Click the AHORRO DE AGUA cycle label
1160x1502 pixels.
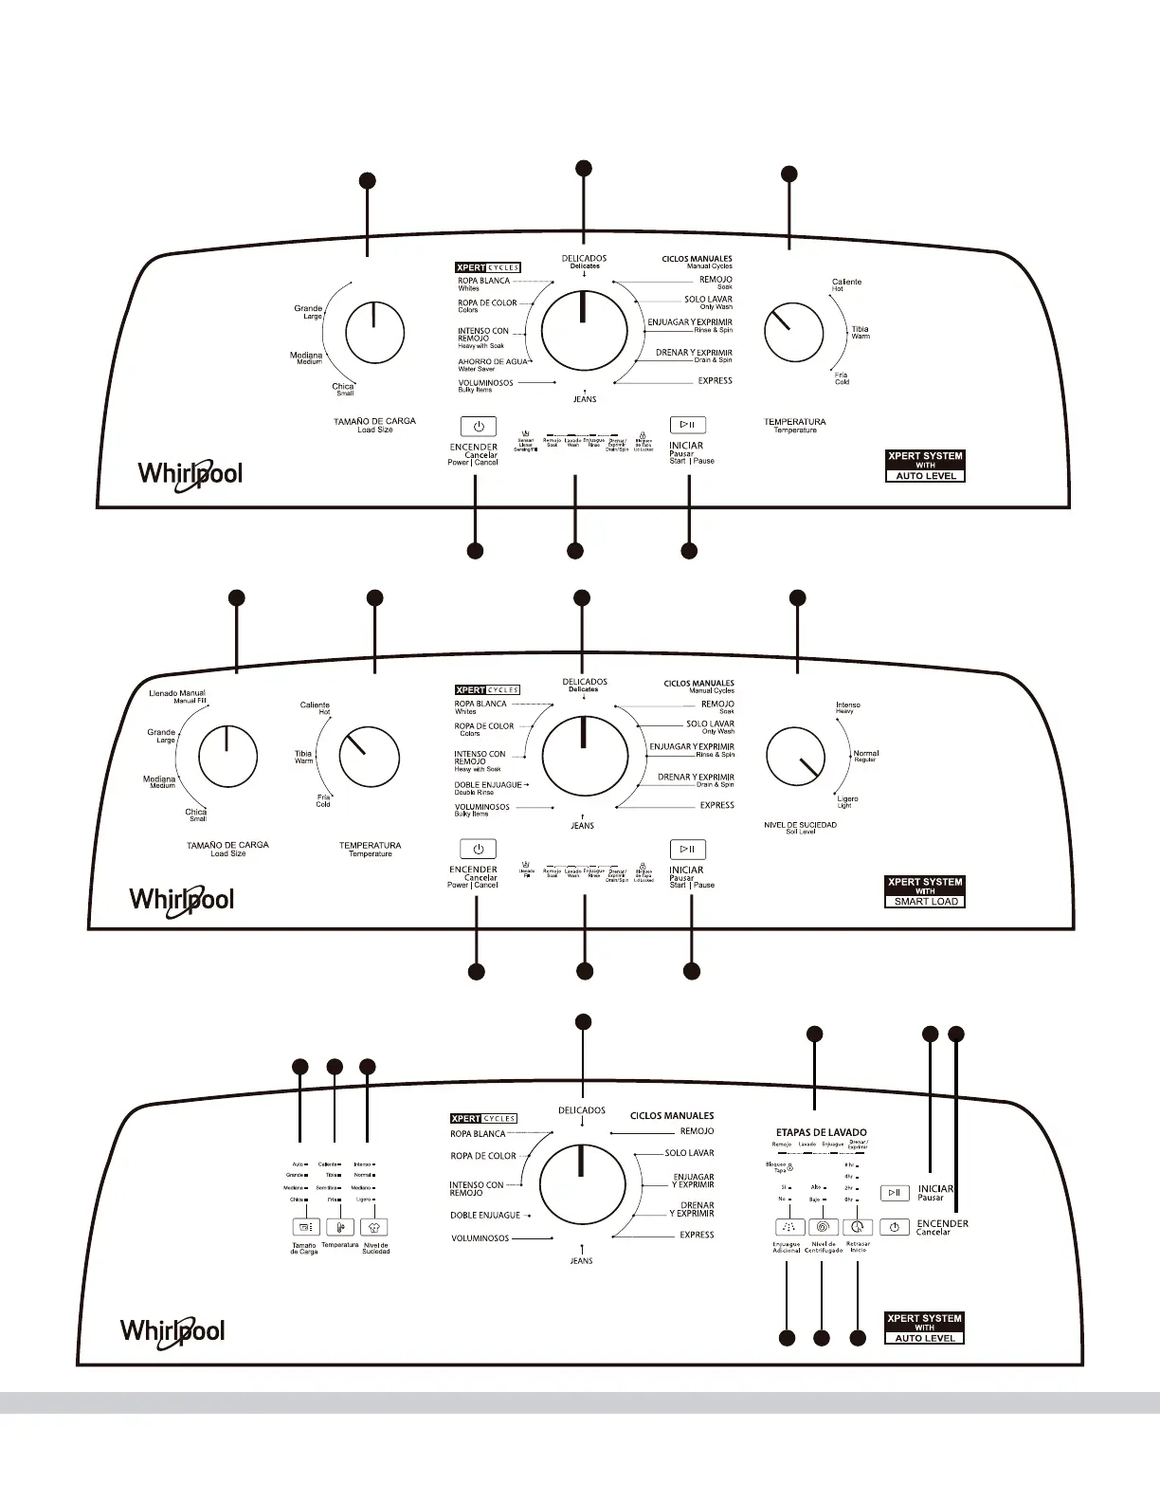pos(492,364)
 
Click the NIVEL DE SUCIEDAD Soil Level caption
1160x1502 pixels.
pos(800,828)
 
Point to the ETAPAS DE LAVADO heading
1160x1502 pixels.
pos(821,1132)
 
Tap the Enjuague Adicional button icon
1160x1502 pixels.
pos(789,1227)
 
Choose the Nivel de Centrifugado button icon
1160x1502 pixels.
pos(823,1227)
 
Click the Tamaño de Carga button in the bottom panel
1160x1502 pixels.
pos(306,1227)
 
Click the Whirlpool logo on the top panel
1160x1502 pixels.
pos(190,473)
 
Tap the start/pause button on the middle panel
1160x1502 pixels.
pos(688,849)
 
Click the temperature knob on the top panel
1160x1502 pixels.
pos(793,333)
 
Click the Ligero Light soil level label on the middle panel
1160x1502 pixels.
pos(846,801)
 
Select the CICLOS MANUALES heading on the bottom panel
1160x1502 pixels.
pos(672,1116)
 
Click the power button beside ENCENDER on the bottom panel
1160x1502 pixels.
pos(895,1227)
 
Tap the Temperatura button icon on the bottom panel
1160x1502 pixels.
pos(339,1227)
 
